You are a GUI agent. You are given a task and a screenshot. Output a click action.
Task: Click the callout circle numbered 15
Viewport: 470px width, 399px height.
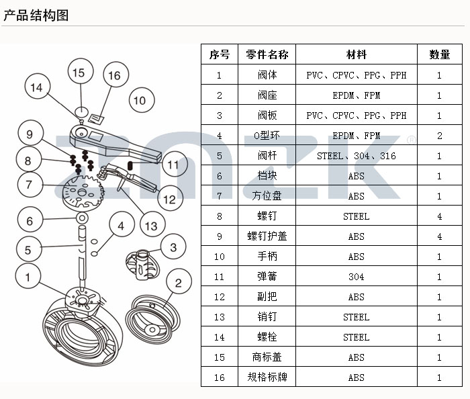79,73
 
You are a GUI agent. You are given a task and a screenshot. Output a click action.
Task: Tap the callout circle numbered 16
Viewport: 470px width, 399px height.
114,75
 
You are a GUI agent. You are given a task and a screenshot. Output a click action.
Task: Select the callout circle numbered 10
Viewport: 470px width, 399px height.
139,101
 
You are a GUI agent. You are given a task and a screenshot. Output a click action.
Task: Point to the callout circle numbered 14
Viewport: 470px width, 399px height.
36,87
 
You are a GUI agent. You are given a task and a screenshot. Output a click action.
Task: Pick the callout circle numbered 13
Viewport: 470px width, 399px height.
152,226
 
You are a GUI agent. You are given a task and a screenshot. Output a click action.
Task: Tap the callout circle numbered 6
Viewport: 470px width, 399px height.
29,221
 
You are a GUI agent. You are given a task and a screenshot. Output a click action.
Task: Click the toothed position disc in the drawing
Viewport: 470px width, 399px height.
83,191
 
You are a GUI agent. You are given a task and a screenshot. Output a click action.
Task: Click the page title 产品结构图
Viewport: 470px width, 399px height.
36,15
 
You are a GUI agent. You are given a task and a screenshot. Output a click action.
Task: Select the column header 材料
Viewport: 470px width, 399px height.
357,54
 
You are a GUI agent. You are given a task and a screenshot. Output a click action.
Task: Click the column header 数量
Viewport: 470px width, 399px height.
439,54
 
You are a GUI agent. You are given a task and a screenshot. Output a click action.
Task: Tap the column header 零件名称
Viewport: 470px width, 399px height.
267,54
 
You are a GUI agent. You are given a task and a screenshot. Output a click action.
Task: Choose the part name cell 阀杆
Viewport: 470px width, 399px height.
267,156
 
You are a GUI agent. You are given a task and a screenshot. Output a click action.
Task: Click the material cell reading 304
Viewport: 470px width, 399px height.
357,277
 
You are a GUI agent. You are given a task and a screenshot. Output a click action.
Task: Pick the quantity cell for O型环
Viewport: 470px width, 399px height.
439,136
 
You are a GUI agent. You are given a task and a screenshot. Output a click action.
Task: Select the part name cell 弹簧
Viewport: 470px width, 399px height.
267,277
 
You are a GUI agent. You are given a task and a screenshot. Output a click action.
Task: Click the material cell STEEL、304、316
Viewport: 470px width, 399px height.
357,156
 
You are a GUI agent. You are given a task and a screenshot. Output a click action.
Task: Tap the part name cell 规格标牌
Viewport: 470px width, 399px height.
267,378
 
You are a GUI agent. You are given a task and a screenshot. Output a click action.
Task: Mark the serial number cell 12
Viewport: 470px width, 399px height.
220,297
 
